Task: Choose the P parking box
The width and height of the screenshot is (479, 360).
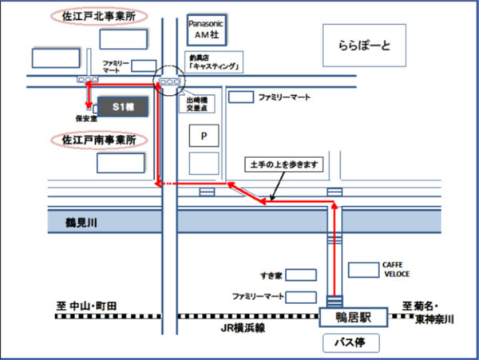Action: click(x=204, y=136)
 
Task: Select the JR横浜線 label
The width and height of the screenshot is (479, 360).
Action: click(x=238, y=328)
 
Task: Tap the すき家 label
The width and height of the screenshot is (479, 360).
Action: click(x=271, y=275)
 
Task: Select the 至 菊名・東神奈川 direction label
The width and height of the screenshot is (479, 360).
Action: click(x=429, y=311)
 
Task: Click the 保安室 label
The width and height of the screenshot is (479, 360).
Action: click(x=85, y=118)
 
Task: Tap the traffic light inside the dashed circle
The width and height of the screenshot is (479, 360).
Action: click(x=169, y=82)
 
